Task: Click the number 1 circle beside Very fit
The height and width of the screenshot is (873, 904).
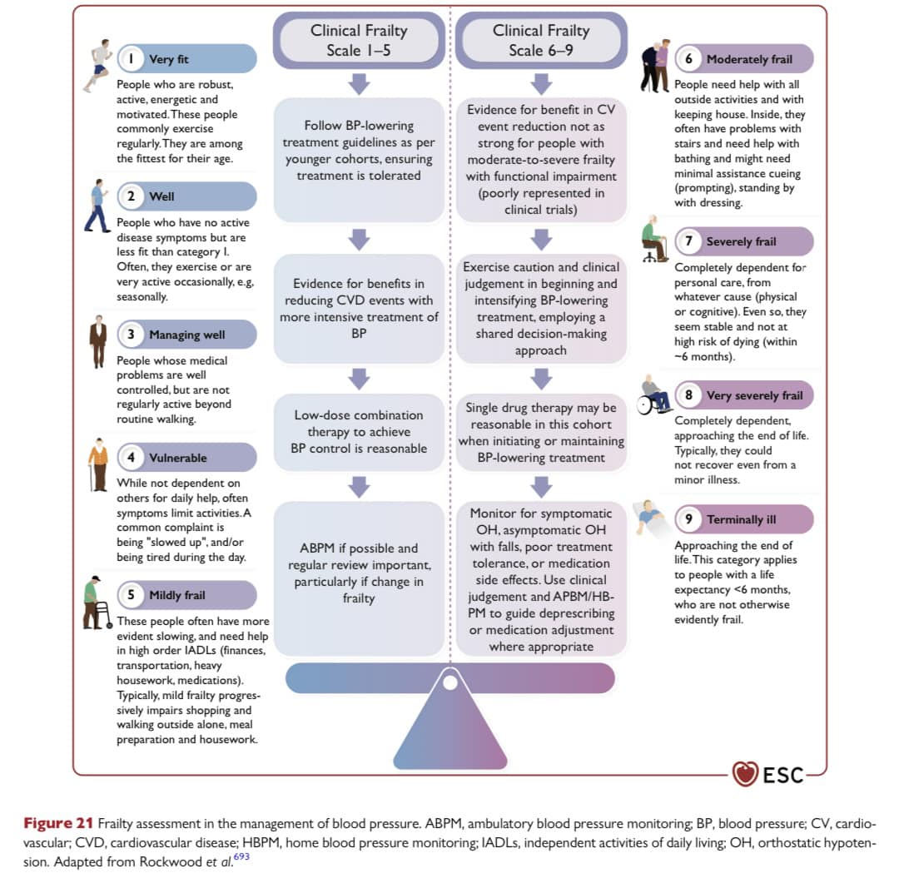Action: click(131, 59)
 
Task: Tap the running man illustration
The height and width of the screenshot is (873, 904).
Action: click(98, 65)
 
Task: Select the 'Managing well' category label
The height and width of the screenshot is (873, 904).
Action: click(186, 335)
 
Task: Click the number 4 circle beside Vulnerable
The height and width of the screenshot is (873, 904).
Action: click(131, 458)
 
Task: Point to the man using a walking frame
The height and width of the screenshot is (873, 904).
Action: click(97, 603)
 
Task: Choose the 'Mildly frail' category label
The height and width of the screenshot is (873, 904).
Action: click(177, 595)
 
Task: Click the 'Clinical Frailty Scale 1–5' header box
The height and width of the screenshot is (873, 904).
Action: click(359, 40)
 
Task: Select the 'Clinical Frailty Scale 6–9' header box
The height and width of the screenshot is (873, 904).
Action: click(541, 40)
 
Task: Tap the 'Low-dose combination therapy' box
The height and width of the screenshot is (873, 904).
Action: click(359, 432)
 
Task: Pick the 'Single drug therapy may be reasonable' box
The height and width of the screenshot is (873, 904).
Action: click(541, 432)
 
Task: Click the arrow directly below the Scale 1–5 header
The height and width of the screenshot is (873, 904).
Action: click(359, 84)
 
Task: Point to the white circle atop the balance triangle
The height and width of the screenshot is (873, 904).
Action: click(450, 683)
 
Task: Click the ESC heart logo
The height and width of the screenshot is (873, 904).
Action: click(745, 773)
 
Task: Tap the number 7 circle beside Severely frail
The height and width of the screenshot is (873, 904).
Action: click(688, 241)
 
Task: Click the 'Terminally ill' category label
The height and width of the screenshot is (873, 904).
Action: click(742, 519)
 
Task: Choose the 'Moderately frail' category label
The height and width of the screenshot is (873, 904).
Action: click(749, 59)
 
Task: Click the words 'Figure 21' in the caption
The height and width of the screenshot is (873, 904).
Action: click(57, 823)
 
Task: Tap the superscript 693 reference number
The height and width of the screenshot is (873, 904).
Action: click(241, 856)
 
